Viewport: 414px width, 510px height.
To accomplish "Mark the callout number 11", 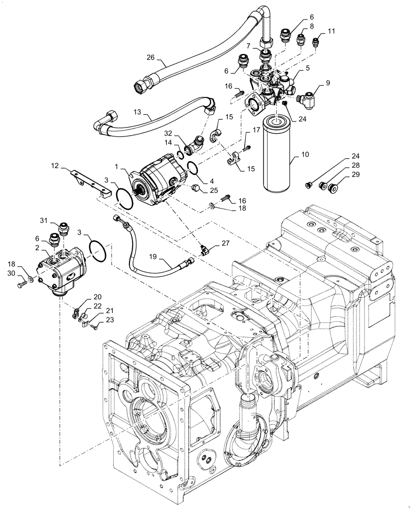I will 331,31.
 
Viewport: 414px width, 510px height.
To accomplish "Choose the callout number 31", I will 44,220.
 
